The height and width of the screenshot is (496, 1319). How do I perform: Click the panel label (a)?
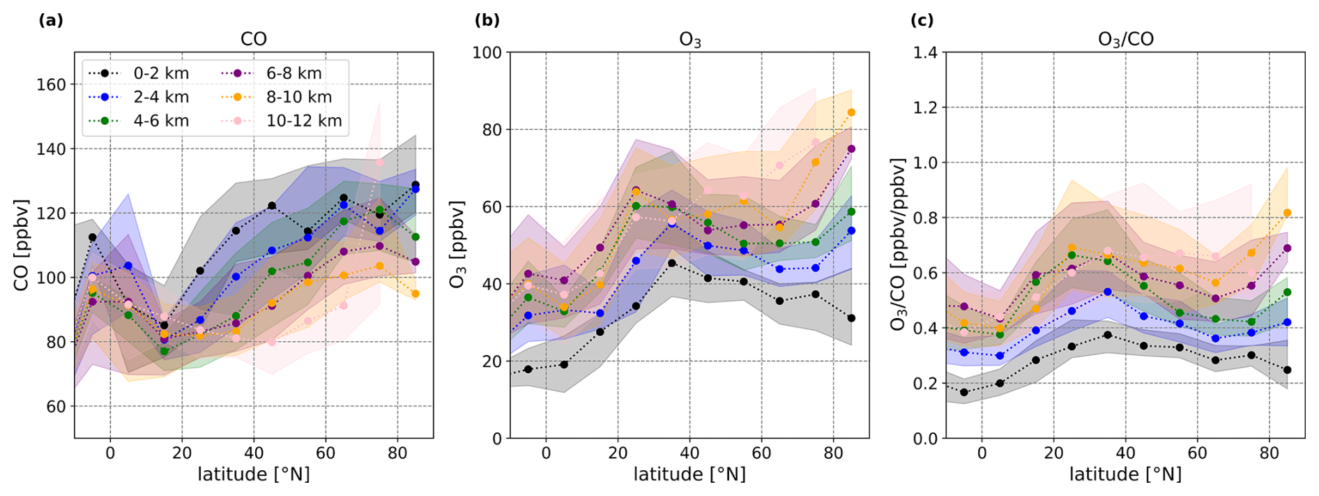coord(51,20)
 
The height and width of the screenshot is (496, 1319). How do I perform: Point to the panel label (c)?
coord(922,20)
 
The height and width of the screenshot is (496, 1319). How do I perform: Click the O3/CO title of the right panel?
coord(1125,39)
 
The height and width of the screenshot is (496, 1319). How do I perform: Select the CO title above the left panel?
coord(254,39)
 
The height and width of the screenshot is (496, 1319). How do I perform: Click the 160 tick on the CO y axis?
coord(51,84)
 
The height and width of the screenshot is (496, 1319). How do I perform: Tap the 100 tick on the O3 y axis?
coord(487,52)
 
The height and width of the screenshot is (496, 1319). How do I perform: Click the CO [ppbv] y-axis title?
coord(21,245)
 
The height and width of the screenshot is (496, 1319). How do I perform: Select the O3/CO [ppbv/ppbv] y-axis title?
coord(899,245)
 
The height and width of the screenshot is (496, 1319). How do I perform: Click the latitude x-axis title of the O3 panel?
coord(689,475)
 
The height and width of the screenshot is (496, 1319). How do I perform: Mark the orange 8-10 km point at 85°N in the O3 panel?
coord(851,112)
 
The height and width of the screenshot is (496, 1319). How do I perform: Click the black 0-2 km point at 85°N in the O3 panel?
coord(851,318)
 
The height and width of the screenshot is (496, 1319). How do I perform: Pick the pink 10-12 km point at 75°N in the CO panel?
coord(379,163)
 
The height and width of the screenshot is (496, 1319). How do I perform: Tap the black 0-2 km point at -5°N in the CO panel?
coord(92,237)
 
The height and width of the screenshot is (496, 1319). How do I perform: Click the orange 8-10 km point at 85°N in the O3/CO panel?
coord(1287,213)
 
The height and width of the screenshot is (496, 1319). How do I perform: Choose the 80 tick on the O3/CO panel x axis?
coord(1269,453)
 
